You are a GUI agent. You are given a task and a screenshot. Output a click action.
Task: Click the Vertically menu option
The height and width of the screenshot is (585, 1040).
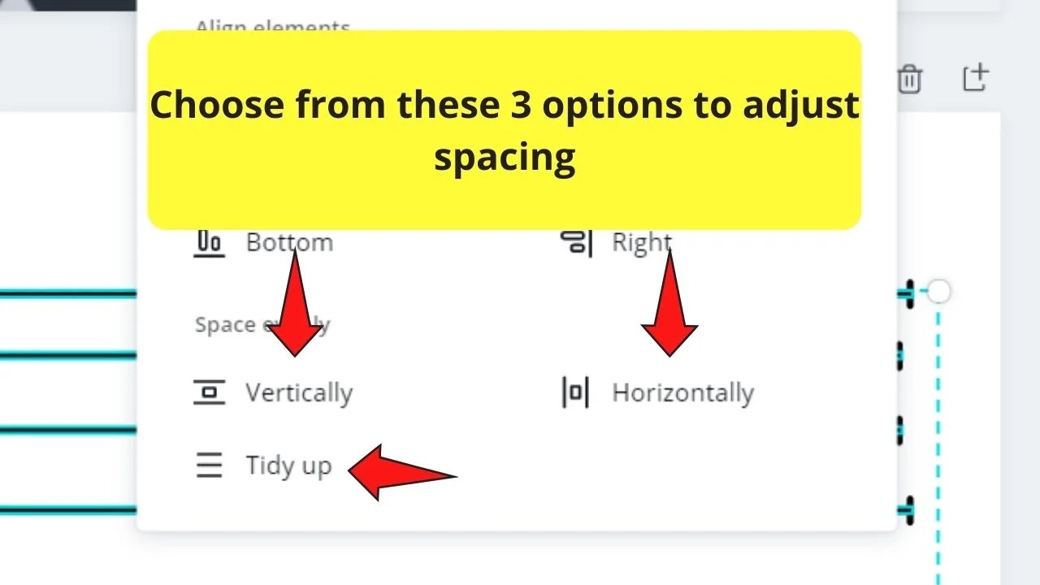point(298,393)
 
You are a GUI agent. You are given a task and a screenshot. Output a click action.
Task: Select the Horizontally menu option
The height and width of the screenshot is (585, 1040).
point(682,393)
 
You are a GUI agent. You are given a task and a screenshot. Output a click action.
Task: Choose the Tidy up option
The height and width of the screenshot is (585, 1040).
point(288,466)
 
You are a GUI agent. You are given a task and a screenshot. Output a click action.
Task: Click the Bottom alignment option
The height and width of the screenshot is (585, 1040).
point(289,242)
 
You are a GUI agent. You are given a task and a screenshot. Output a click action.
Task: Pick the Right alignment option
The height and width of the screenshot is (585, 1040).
point(641,242)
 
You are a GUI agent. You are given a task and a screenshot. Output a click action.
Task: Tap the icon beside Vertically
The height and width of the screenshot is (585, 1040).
point(210,392)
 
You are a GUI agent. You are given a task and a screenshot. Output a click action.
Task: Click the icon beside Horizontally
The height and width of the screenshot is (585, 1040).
point(575,392)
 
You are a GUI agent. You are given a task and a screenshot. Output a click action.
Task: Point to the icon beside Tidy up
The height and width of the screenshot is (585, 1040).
point(210,466)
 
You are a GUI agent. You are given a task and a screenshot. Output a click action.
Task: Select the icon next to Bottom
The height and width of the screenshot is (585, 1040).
point(210,242)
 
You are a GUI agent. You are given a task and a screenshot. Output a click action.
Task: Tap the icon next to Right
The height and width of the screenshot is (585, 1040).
point(576,242)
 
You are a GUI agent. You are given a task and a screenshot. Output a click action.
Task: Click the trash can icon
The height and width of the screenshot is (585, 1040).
point(909,80)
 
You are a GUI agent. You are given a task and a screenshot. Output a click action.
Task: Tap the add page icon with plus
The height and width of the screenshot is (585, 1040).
point(975,77)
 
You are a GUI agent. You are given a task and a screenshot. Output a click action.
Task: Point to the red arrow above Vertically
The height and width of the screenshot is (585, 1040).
point(294,304)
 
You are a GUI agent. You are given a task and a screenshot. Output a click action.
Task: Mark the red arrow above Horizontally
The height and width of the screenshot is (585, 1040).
point(669,304)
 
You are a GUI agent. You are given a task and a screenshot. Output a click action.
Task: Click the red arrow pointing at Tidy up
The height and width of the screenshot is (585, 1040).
point(401,472)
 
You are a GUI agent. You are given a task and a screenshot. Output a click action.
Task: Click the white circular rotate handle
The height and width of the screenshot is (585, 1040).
point(938,291)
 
